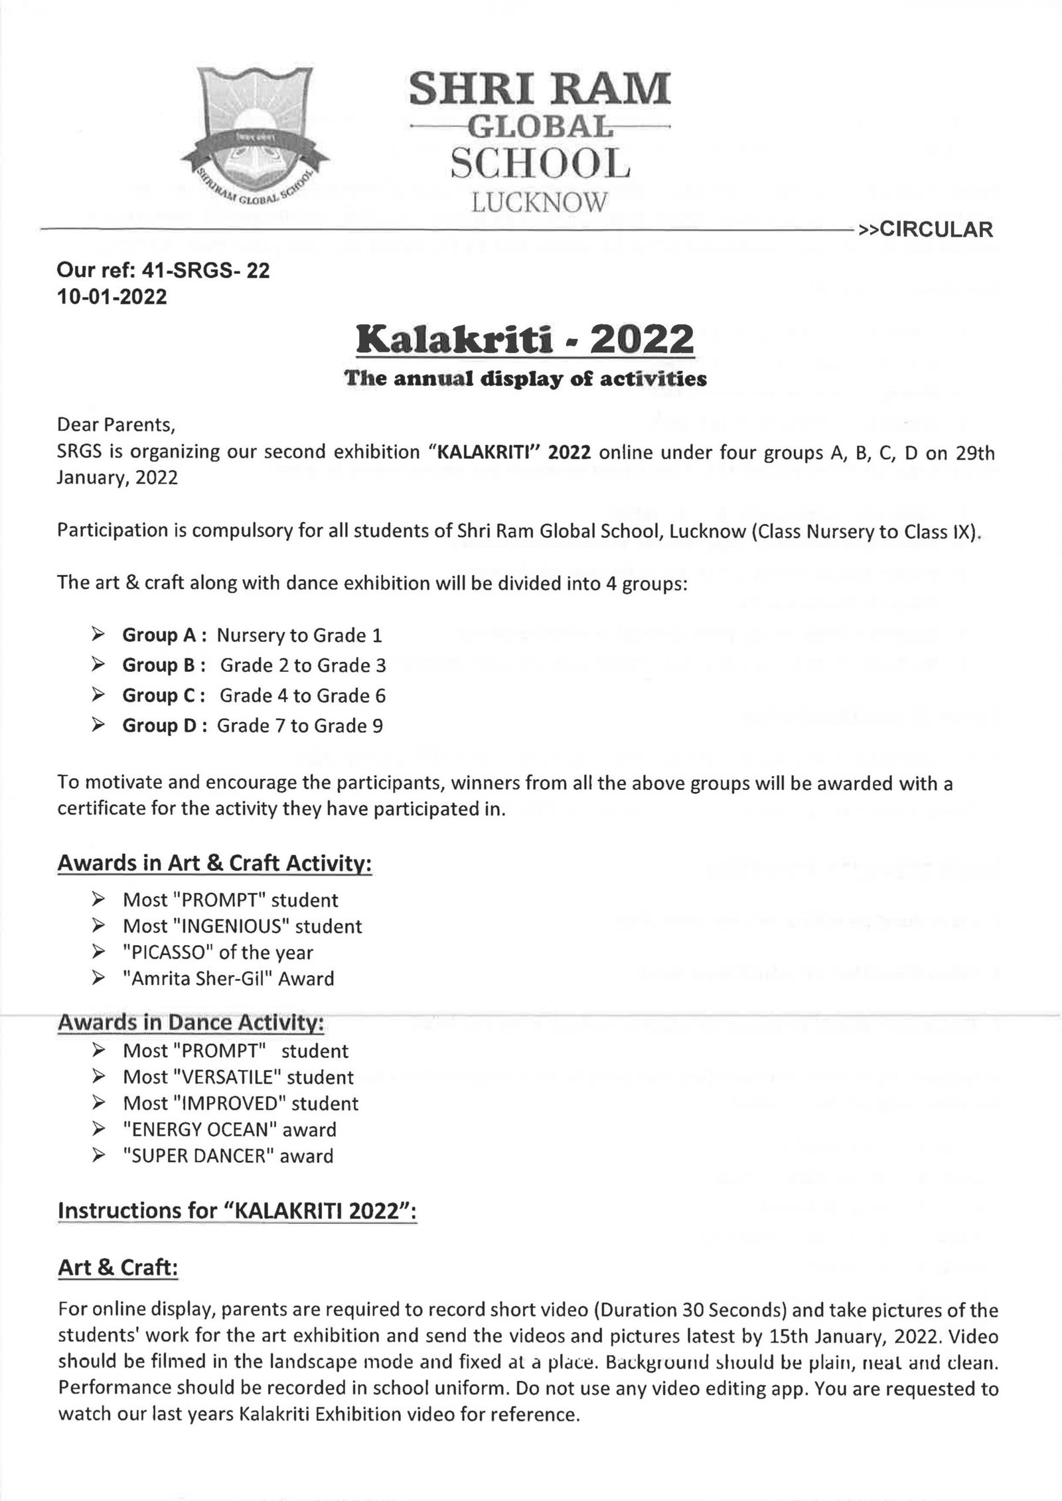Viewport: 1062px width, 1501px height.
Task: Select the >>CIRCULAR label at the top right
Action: tap(925, 229)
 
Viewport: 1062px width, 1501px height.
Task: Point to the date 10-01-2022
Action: tap(112, 296)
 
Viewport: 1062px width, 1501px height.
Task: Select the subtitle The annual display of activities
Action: tap(525, 379)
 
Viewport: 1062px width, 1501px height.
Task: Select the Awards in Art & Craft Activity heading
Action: tap(214, 863)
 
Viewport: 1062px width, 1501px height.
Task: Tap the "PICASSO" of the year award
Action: tap(218, 952)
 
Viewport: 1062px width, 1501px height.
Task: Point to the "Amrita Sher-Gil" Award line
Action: tap(228, 978)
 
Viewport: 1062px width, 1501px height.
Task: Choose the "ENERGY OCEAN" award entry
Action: tap(230, 1130)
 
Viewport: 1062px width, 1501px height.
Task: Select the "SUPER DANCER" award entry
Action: tap(228, 1156)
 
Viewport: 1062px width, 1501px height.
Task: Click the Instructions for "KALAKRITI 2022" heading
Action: tap(237, 1210)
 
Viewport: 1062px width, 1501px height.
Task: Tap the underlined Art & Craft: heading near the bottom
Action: tap(118, 1268)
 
